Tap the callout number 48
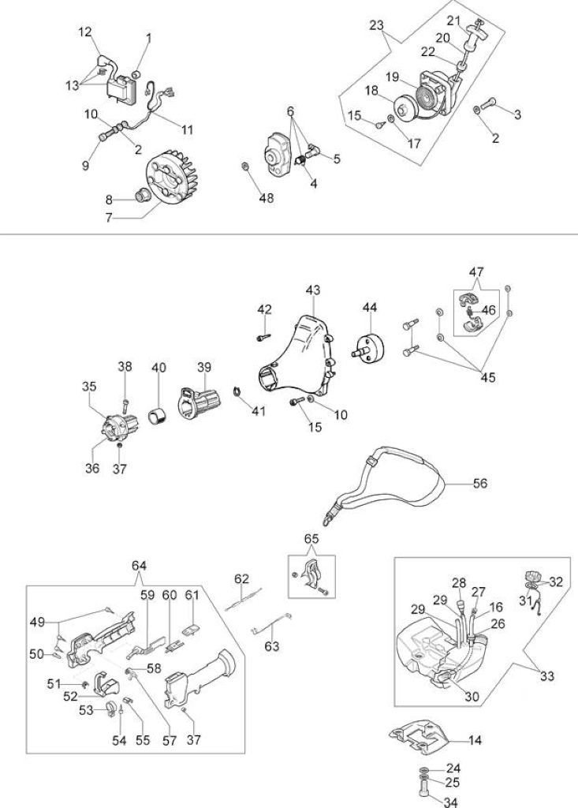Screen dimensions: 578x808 [267, 198]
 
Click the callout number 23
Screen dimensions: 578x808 [377, 24]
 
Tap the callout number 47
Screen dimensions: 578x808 [476, 271]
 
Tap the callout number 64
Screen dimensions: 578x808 [139, 565]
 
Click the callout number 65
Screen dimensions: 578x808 [311, 538]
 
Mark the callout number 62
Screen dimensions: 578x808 [241, 578]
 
